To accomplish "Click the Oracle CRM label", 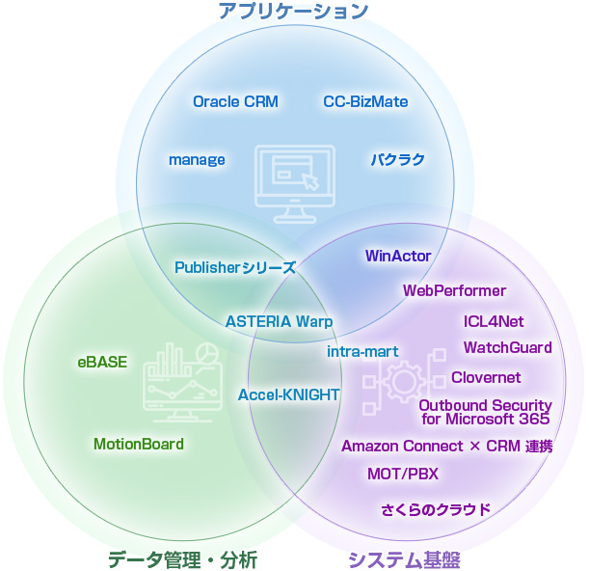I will [x=235, y=101].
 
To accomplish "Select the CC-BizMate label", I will [x=365, y=101].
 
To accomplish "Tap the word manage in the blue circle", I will [x=197, y=159].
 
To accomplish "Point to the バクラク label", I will [x=398, y=159].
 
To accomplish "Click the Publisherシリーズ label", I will [x=234, y=267].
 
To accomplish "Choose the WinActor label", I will [x=397, y=256].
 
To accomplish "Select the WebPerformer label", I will [x=454, y=290].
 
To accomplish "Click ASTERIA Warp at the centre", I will [x=279, y=321].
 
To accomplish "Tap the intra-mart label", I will [x=362, y=351].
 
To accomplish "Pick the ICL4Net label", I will [x=494, y=321].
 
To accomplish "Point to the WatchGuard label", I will [x=507, y=347].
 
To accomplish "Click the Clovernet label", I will [x=486, y=377].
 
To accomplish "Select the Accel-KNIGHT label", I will [x=288, y=394].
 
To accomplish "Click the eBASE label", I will [x=102, y=363].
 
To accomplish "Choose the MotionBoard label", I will [x=138, y=444].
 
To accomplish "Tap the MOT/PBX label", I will [x=402, y=474].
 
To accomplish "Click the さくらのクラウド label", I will [x=436, y=509].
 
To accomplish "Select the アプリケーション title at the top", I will [x=293, y=12].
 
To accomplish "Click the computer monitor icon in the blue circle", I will [x=294, y=177].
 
